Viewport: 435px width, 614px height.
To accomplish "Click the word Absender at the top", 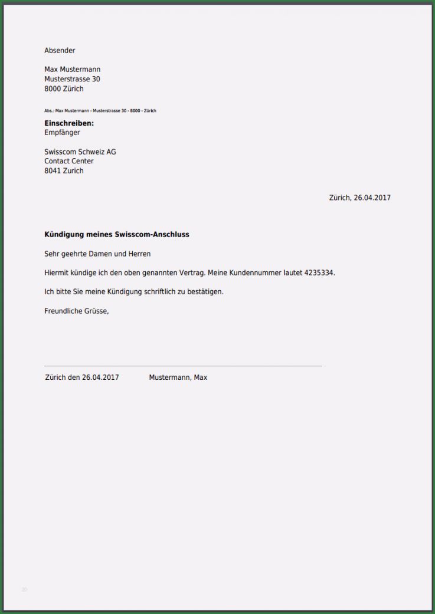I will (x=60, y=51).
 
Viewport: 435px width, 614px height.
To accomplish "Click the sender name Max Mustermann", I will (x=72, y=70).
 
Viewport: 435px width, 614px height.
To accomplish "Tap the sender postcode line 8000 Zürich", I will (x=64, y=89).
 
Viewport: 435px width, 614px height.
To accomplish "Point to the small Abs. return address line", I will (x=100, y=111).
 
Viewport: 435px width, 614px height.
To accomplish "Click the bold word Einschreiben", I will (x=69, y=123).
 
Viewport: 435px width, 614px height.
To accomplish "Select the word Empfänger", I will (x=62, y=133).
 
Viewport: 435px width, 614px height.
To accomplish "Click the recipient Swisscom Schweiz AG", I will (x=80, y=152).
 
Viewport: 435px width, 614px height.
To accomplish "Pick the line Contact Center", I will (x=68, y=161).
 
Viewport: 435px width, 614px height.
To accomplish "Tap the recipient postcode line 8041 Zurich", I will (x=64, y=171).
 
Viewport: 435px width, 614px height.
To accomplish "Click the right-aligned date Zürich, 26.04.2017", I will (x=359, y=198).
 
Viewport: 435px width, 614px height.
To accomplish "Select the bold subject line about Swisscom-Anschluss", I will (x=116, y=235).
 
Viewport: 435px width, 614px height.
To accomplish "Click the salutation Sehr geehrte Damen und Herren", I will (x=97, y=254).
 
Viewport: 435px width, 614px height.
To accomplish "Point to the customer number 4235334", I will (x=319, y=273).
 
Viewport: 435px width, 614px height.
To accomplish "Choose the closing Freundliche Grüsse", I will (x=76, y=311).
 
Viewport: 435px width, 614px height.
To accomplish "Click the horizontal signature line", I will (x=183, y=366).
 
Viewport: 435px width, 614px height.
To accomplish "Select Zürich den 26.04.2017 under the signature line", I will (x=81, y=377).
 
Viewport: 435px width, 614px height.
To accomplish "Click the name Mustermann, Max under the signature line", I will (x=178, y=377).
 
